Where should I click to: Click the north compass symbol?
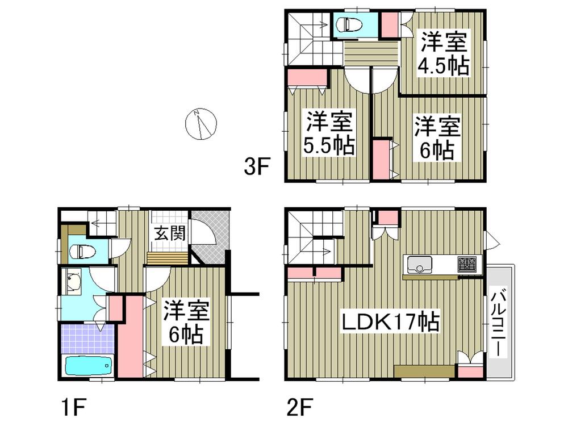201,123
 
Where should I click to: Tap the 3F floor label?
254,168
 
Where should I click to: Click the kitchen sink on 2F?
419,264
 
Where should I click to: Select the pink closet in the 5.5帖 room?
306,77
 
